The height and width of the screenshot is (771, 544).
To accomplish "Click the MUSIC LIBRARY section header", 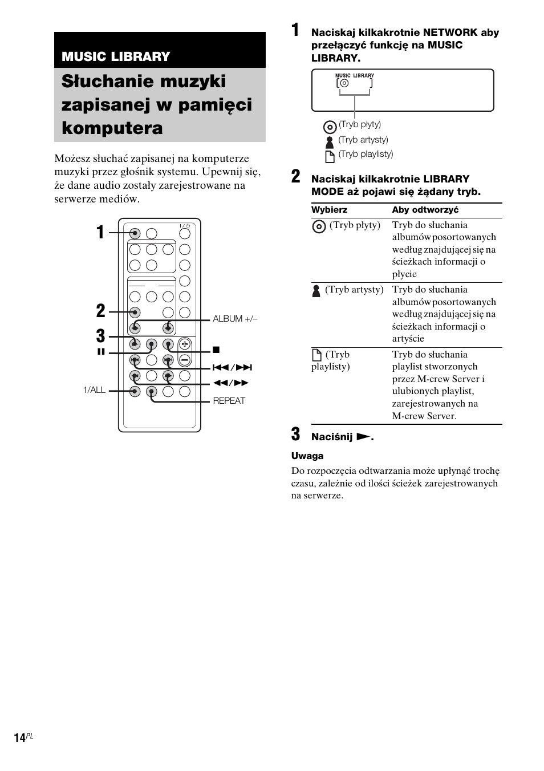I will tap(116, 56).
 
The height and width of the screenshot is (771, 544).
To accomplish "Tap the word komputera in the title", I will tap(112, 128).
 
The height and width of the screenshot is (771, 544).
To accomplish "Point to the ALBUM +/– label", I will tap(235, 319).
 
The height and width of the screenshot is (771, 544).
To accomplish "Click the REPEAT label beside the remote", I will tap(229, 400).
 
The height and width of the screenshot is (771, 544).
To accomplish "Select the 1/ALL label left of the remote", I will tap(94, 390).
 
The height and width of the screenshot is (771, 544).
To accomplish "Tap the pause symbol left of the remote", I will tap(101, 352).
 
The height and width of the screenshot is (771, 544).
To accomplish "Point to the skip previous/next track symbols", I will tap(232, 368).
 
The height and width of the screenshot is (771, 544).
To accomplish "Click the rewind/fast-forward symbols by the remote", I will tap(231, 383).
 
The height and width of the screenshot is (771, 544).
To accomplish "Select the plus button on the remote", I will tap(184, 344).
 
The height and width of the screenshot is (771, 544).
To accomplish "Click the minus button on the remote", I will tap(184, 360).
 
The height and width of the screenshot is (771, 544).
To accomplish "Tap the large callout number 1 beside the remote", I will tap(100, 233).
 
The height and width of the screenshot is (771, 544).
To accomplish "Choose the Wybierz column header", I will tap(329, 210).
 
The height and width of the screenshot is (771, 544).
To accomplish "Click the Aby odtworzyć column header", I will tap(425, 210).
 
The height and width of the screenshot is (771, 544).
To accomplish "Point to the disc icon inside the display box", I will tap(344, 83).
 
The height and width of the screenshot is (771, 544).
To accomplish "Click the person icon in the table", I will tap(316, 290).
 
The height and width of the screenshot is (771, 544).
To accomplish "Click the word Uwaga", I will tap(307, 456).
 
